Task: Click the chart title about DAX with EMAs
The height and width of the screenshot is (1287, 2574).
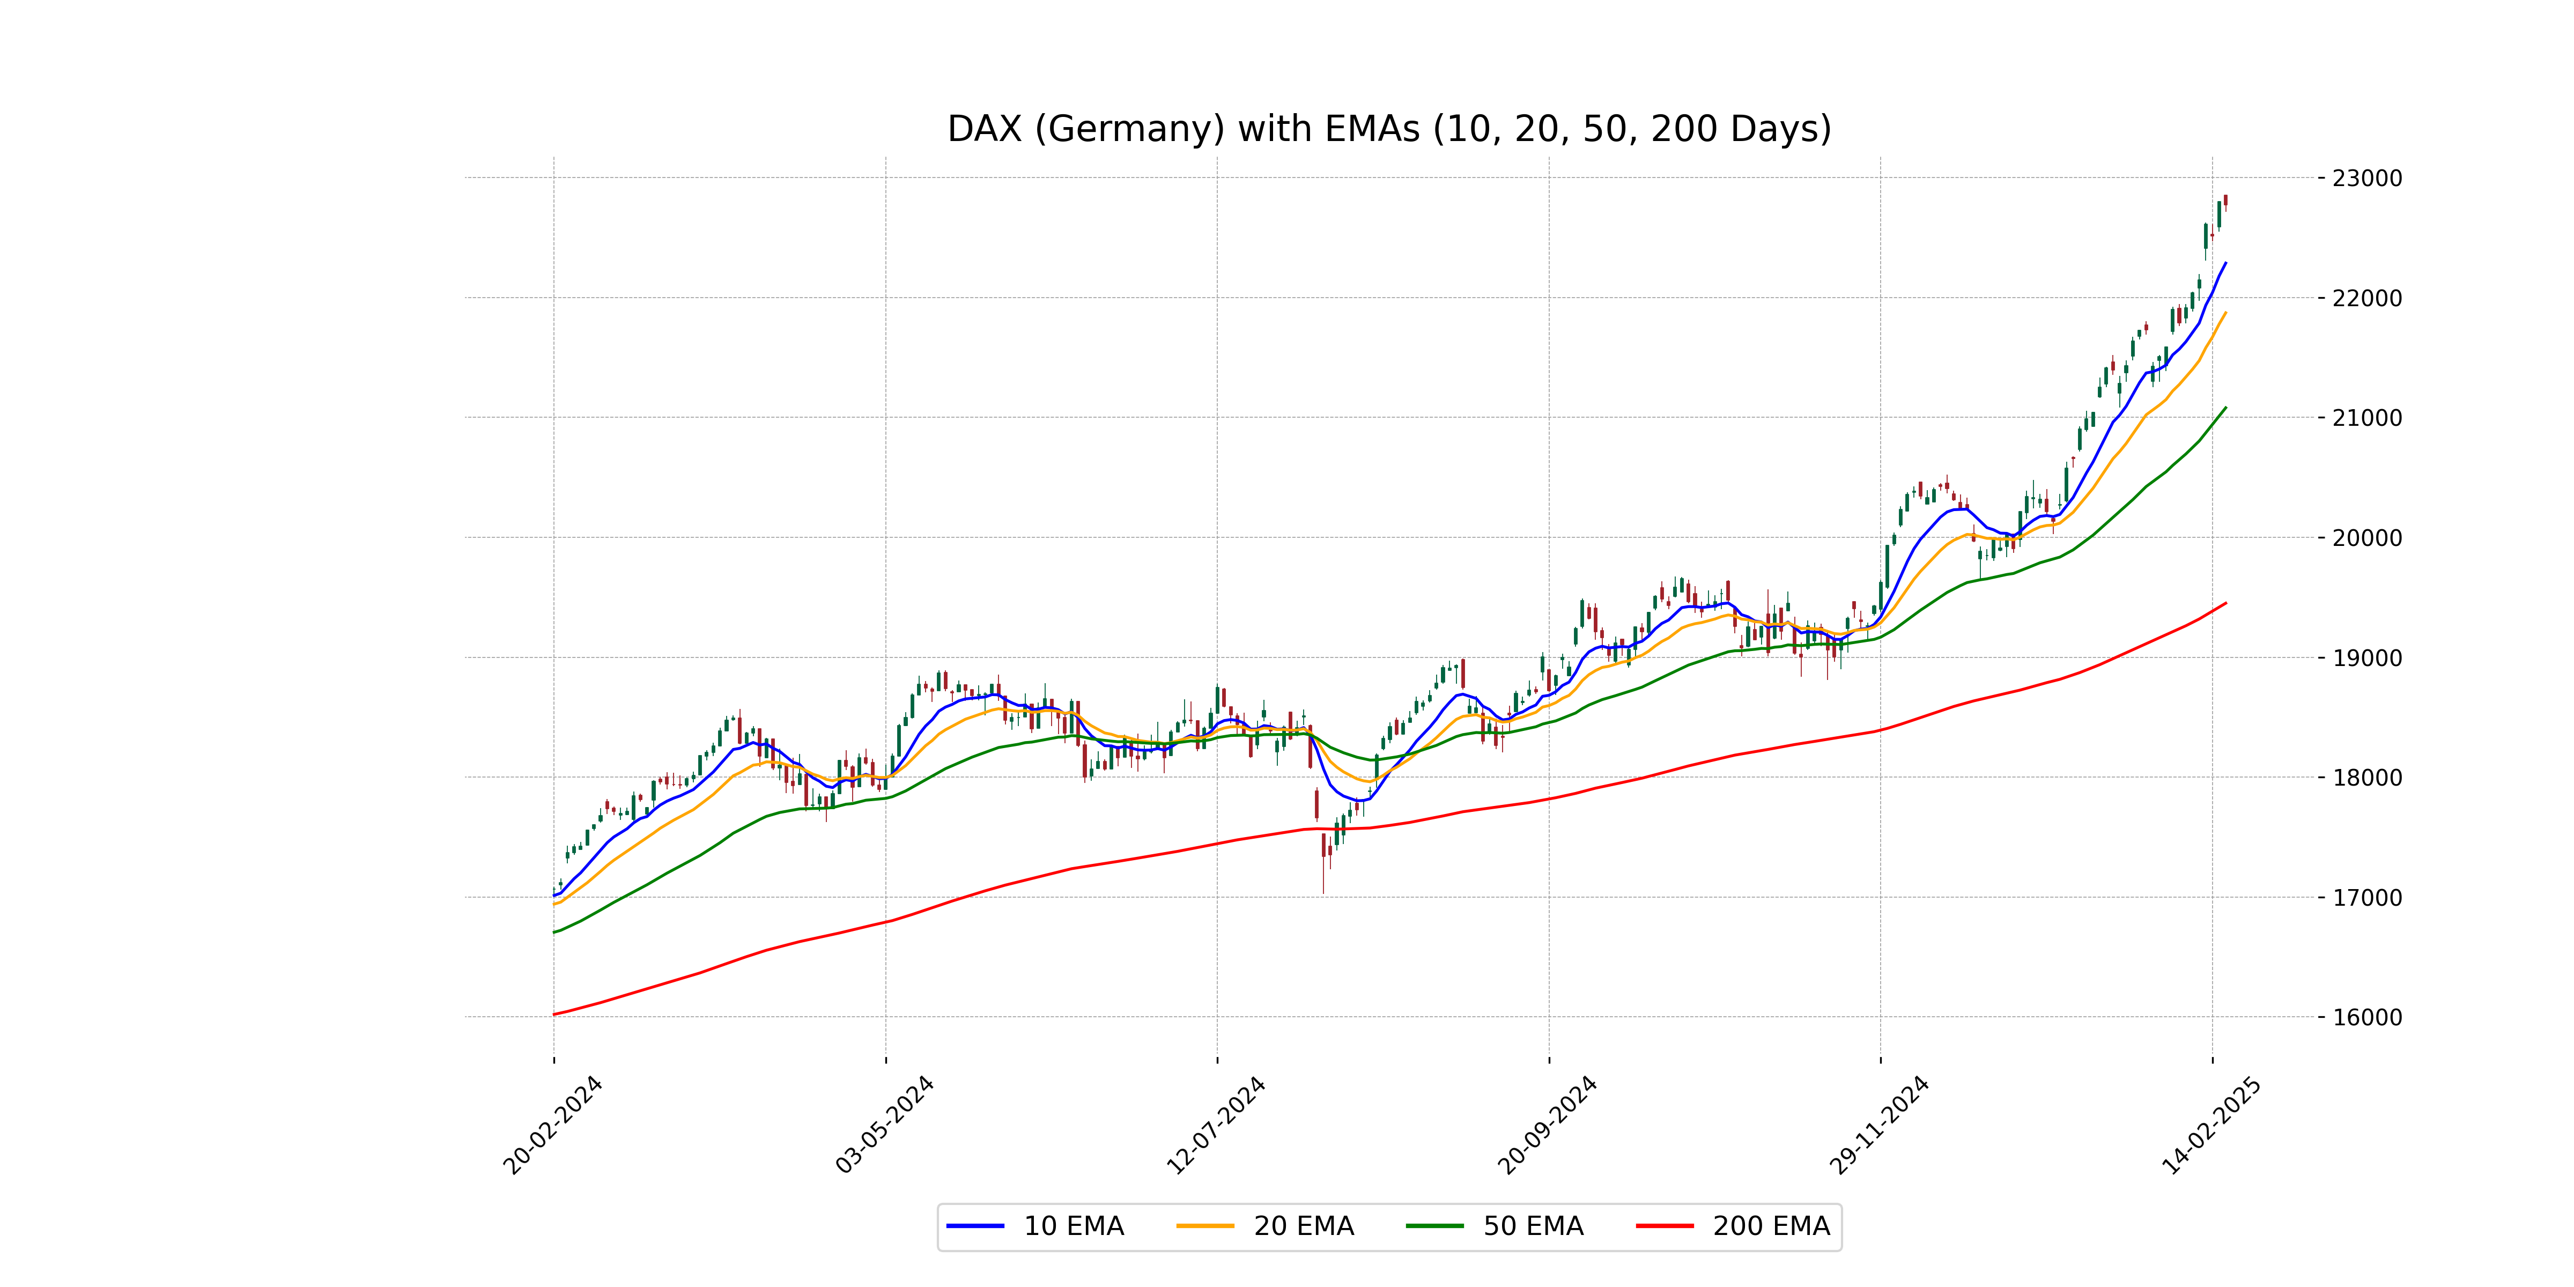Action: pyautogui.click(x=1389, y=129)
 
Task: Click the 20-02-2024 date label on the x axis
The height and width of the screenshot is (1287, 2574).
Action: pyautogui.click(x=552, y=1125)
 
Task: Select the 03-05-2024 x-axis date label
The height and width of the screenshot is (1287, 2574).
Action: pyautogui.click(x=884, y=1125)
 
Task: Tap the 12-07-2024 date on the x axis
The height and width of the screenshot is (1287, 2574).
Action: pyautogui.click(x=1216, y=1125)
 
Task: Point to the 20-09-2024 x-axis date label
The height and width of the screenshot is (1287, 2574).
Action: pyautogui.click(x=1548, y=1125)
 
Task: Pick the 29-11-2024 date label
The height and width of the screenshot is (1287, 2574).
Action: pyautogui.click(x=1880, y=1125)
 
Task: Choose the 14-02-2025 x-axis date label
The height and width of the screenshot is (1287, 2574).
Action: pyautogui.click(x=2211, y=1125)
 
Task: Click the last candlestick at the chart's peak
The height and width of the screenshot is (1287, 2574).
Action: pyautogui.click(x=2225, y=201)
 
